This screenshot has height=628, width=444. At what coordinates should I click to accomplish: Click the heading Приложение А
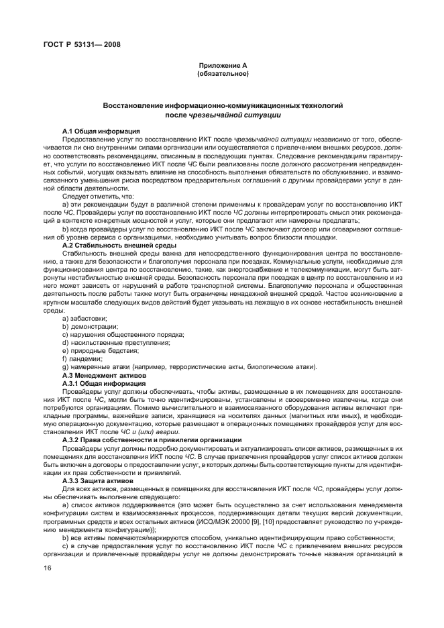222,65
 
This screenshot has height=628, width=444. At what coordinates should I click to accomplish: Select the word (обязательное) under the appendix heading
222,73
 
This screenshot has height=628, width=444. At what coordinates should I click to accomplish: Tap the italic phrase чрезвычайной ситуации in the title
242,115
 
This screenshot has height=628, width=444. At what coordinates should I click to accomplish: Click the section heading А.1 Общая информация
101,130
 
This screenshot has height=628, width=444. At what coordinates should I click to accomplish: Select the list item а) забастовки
84,318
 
